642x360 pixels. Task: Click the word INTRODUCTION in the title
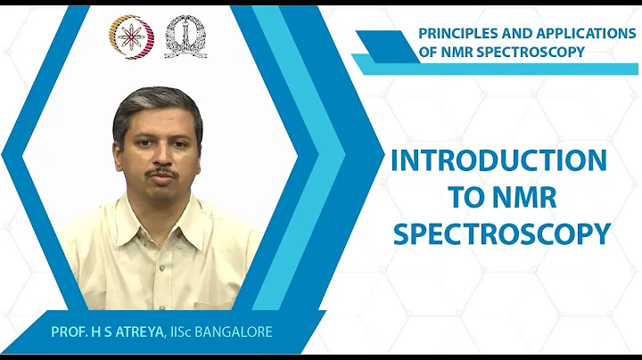pyautogui.click(x=499, y=161)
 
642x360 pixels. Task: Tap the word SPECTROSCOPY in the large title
pyautogui.click(x=501, y=233)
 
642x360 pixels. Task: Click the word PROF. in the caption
pyautogui.click(x=69, y=332)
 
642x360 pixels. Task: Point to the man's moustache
pyautogui.click(x=163, y=171)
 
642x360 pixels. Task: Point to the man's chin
pyautogui.click(x=165, y=196)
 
